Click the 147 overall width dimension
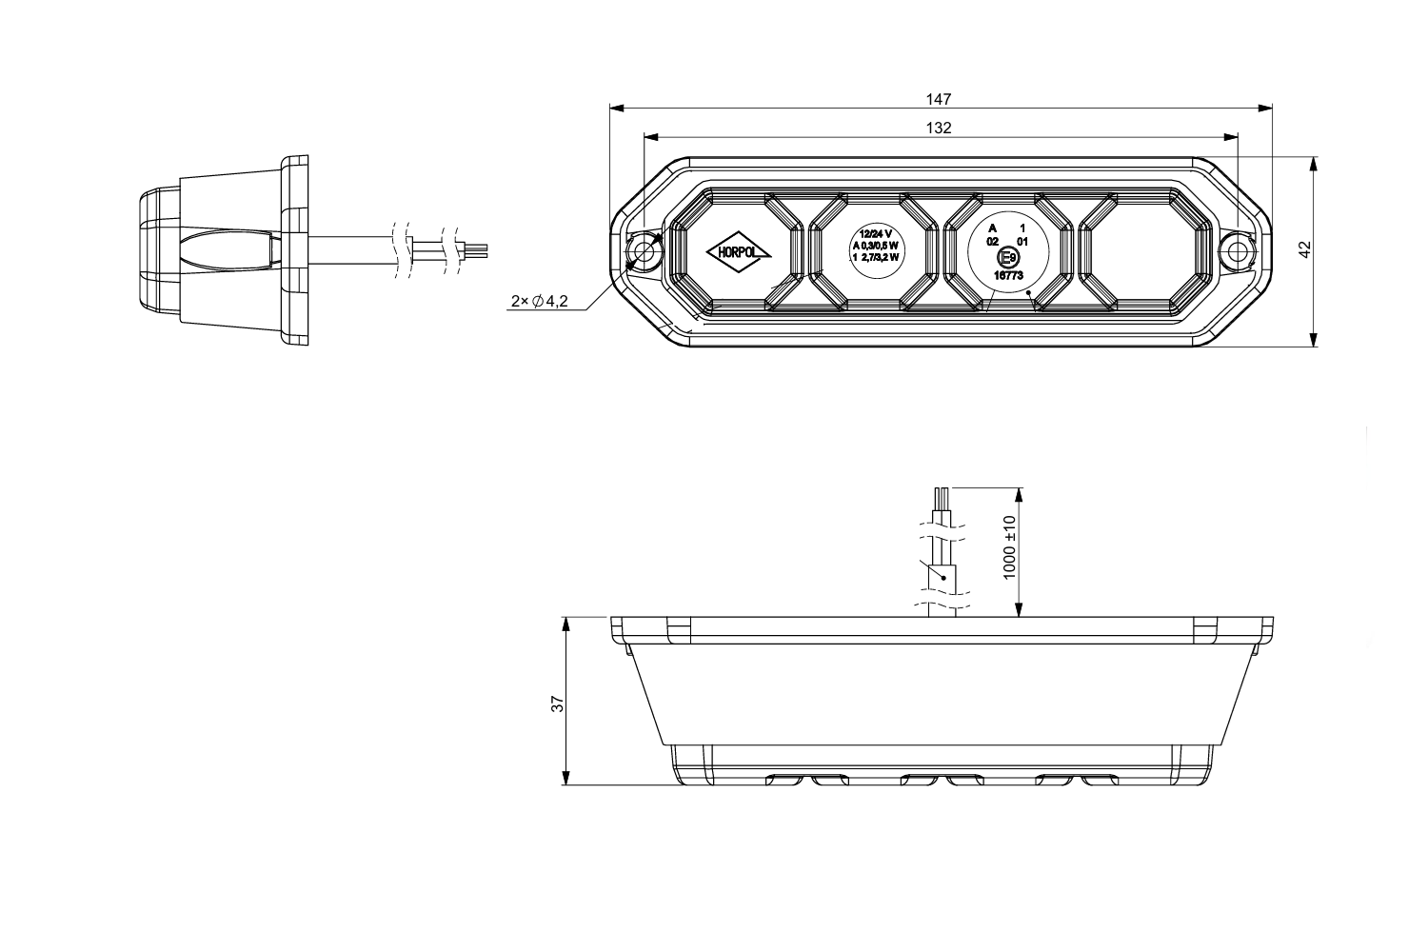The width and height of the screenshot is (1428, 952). pos(939,99)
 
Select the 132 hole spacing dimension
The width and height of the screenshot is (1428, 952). pos(939,129)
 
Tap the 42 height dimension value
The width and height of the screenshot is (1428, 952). pos(1305,249)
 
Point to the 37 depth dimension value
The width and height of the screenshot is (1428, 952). pos(558,704)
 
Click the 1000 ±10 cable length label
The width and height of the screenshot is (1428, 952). pos(1008,547)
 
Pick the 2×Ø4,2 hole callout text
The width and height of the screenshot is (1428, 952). pos(539,301)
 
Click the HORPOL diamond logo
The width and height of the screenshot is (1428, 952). pos(738,252)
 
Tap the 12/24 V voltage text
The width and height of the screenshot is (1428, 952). pos(875,234)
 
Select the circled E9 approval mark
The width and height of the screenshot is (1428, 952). pos(1008,258)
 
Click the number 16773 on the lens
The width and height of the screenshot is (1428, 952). pos(1008,275)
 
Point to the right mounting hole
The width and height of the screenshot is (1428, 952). pos(1237,251)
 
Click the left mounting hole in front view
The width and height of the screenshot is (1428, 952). pos(645,252)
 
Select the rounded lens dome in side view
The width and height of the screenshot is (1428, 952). pos(159,251)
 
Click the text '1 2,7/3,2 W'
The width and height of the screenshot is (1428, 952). pos(875,257)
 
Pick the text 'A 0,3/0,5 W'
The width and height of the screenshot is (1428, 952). pos(875,246)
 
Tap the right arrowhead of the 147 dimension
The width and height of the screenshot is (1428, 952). pos(1265,109)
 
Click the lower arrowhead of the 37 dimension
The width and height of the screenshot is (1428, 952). pos(565,777)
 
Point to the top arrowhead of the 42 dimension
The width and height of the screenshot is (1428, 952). pos(1313,165)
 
